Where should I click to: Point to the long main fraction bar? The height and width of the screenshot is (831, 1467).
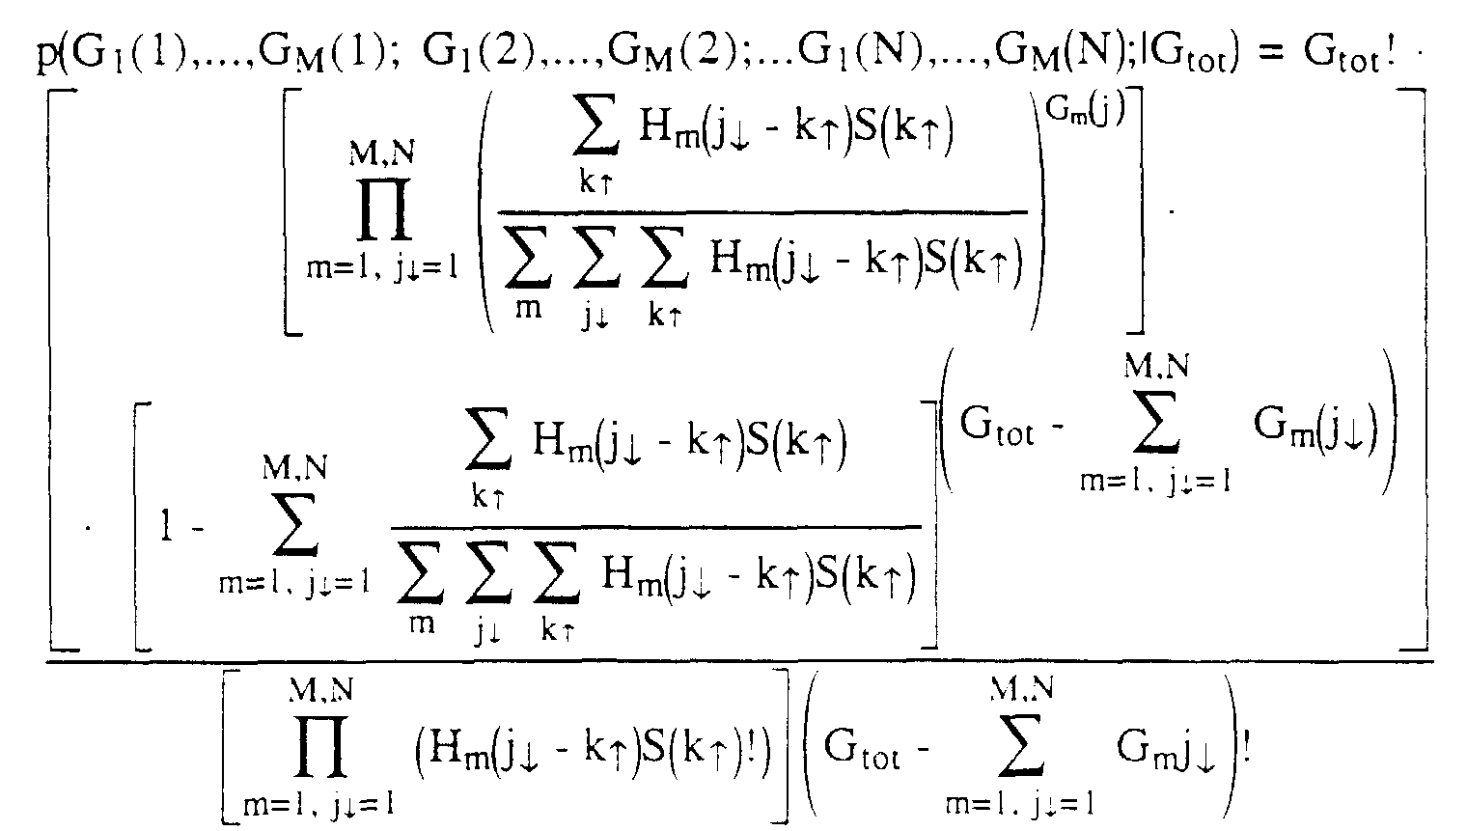coord(738,661)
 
